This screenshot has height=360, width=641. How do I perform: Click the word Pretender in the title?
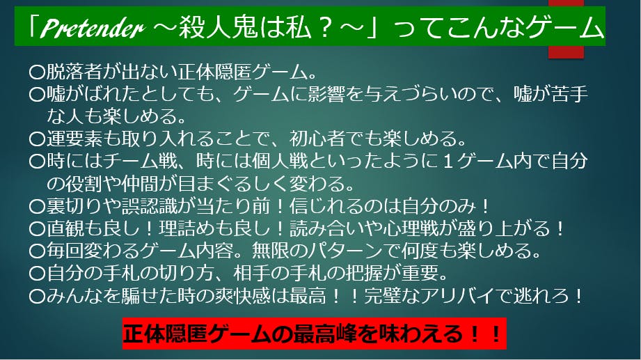pos(92,29)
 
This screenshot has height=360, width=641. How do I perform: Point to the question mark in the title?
pos(326,28)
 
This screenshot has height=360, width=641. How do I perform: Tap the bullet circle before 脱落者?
pos(37,72)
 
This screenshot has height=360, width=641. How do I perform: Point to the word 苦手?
pos(569,94)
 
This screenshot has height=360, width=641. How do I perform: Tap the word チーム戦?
pos(141,161)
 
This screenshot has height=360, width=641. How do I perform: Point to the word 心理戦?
pos(411,228)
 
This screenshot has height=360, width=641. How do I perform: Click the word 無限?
pos(271,250)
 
